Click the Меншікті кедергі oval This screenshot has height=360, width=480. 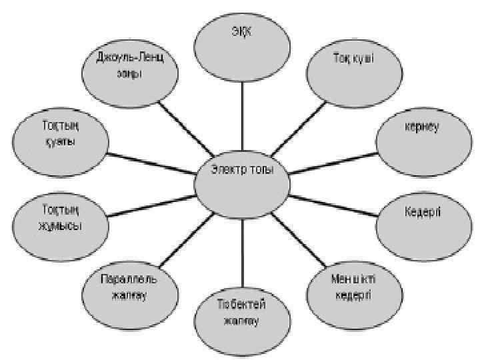pos(353,286)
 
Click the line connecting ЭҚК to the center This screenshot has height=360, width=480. pos(242,114)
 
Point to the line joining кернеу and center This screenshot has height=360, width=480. pos(333,160)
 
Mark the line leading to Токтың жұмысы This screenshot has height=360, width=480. pos(149,204)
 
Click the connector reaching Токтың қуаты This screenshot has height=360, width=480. pos(149,160)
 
